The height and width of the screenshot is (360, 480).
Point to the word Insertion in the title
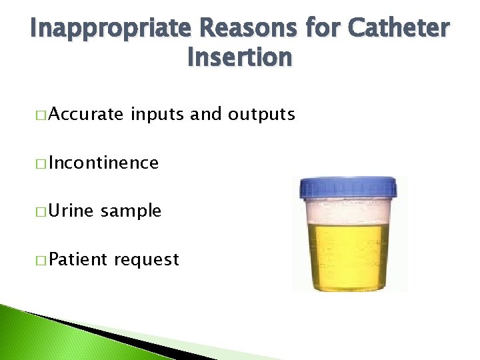[239, 58]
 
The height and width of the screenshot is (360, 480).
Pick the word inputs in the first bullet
[158, 115]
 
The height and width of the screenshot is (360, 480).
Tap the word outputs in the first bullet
[261, 115]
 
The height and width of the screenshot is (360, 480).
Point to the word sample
[131, 211]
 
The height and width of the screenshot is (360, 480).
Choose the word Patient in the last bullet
[78, 259]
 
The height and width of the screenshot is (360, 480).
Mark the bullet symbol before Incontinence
[42, 163]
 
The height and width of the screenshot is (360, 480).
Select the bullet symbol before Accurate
[42, 115]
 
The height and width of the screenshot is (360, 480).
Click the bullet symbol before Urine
[42, 211]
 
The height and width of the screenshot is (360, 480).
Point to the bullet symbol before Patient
[42, 260]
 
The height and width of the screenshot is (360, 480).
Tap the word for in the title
[317, 29]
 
